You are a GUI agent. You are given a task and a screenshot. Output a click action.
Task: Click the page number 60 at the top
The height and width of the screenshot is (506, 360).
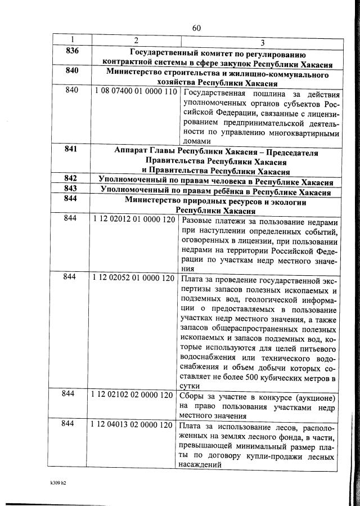coord(196,28)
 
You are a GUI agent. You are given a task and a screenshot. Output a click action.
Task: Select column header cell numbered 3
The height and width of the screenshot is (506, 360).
coord(263,43)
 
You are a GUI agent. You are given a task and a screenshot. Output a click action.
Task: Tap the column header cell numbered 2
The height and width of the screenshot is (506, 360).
coord(135,40)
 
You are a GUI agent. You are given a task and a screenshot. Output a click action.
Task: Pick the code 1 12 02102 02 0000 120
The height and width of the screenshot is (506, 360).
coord(133,395)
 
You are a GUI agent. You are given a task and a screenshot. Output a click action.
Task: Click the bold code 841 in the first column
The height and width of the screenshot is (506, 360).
coord(71,150)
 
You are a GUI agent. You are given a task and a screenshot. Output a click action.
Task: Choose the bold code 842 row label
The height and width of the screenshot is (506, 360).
coord(71,178)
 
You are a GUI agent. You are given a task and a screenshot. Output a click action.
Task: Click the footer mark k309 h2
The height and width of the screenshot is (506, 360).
coord(58,482)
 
